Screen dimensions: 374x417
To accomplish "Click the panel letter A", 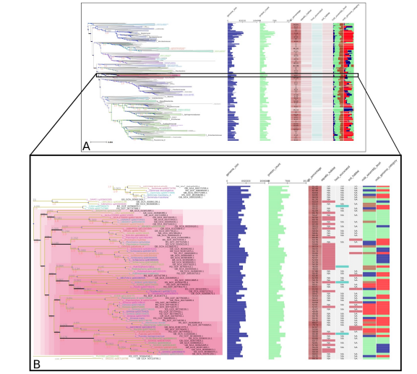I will (86, 146).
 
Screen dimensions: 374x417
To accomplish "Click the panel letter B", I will (36, 363).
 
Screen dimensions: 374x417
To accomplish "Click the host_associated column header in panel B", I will (342, 173).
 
